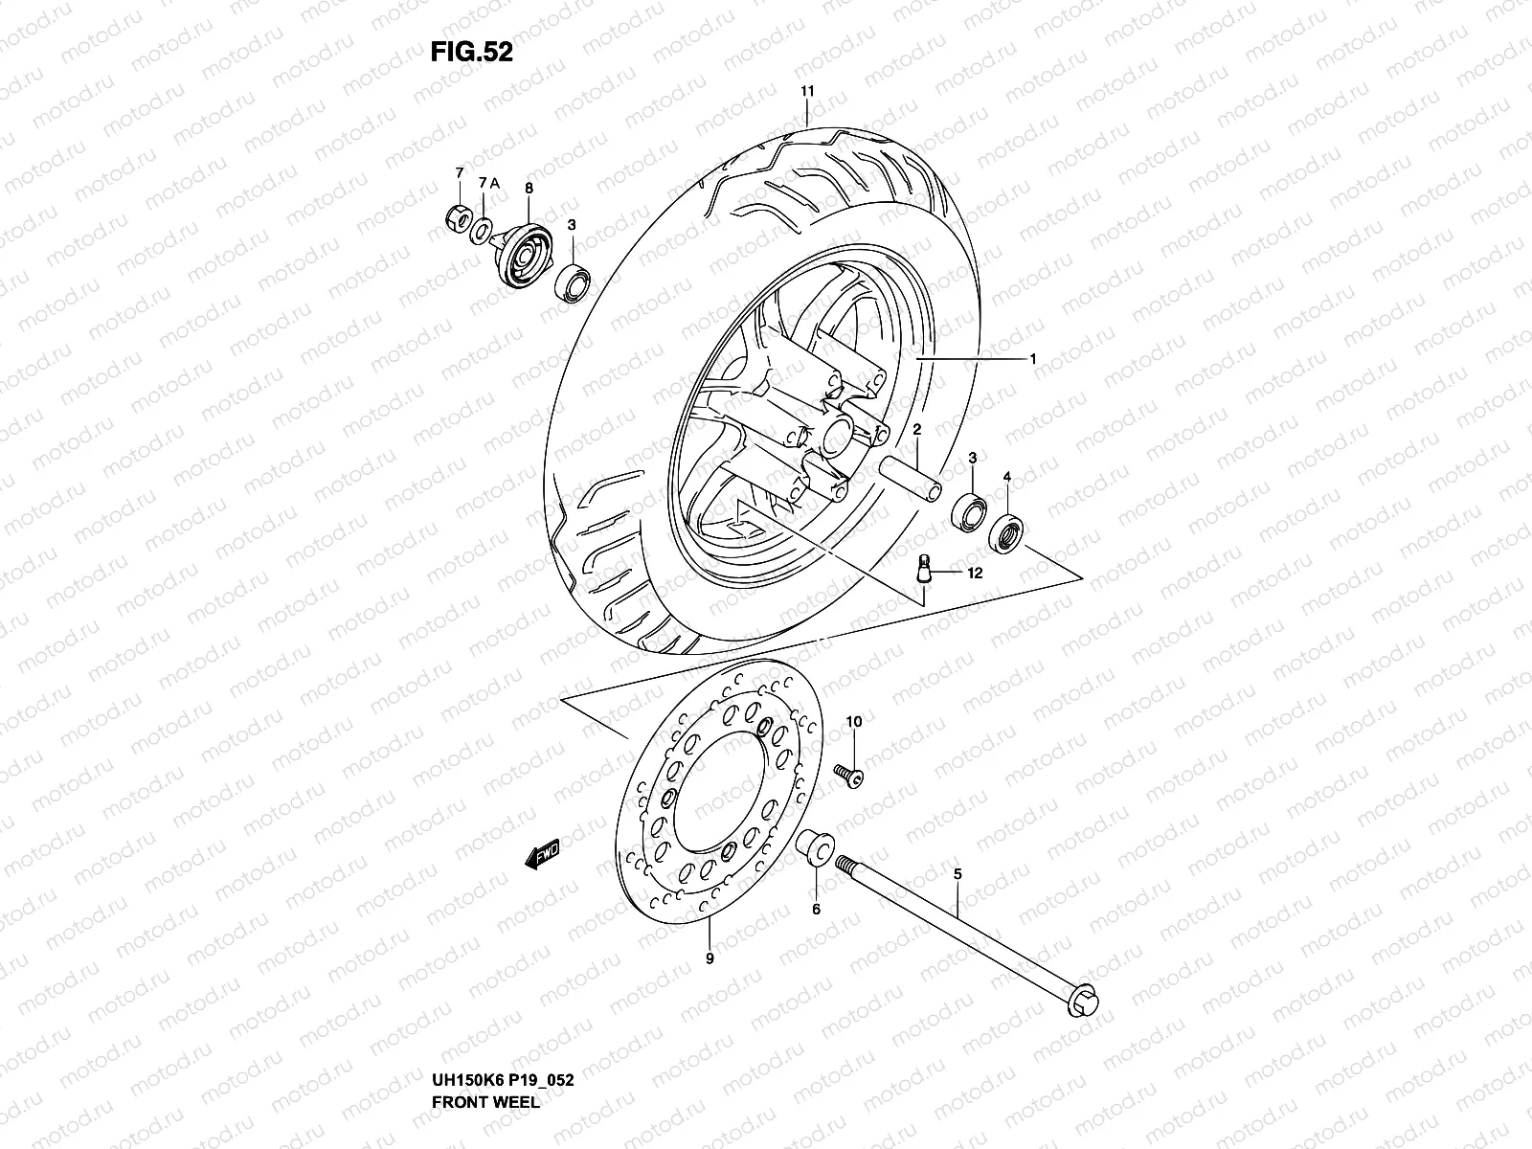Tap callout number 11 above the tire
(x=806, y=91)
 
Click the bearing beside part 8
(x=574, y=282)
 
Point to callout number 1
(x=1033, y=358)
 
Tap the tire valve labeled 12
(x=924, y=568)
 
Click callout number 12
(x=975, y=574)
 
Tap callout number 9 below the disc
(x=709, y=957)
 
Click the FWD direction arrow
(x=543, y=857)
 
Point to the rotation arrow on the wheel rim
(x=747, y=525)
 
